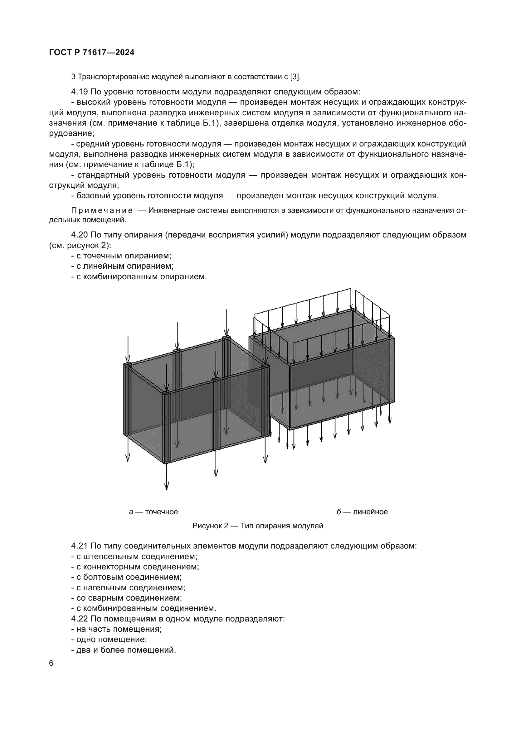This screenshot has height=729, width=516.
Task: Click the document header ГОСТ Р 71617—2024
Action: (x=92, y=53)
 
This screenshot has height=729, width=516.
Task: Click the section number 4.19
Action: (x=80, y=92)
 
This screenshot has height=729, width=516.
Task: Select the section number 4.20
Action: (x=80, y=235)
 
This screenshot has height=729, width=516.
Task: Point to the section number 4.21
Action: (x=80, y=546)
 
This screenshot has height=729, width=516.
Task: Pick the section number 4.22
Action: (x=80, y=619)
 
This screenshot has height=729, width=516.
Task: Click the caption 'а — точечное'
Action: (x=153, y=512)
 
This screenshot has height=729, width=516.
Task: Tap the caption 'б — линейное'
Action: (x=362, y=512)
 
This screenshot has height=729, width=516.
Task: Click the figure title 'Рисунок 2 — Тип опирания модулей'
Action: (x=258, y=526)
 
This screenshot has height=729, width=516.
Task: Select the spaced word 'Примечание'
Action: (x=102, y=210)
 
